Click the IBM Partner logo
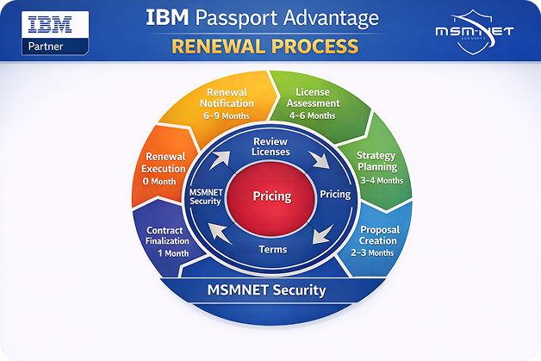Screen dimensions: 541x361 tap(55, 33)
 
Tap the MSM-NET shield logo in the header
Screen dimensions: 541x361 tap(475, 32)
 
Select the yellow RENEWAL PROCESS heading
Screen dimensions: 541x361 tap(265, 47)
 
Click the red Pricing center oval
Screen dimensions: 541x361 tap(271, 198)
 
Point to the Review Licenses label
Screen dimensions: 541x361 tap(270, 146)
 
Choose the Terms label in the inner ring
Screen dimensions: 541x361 tap(273, 249)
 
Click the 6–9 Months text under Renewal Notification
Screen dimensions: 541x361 tap(227, 115)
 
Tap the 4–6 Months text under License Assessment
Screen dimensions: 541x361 tap(312, 115)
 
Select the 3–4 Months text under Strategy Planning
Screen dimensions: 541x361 tap(382, 181)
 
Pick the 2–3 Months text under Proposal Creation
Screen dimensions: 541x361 tap(372, 253)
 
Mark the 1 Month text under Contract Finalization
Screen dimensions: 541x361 tap(173, 253)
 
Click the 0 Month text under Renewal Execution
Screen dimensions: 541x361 tap(159, 181)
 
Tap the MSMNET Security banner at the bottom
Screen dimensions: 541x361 tap(266, 289)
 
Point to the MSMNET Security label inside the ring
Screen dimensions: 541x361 tap(206, 196)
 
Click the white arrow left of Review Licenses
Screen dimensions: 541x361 tap(220, 159)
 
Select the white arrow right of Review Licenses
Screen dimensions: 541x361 tap(319, 159)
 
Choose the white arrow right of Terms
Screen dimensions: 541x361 tap(322, 234)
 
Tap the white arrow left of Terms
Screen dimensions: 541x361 tap(220, 233)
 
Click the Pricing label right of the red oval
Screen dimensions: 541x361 tap(335, 195)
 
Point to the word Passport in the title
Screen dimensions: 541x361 tap(237, 18)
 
